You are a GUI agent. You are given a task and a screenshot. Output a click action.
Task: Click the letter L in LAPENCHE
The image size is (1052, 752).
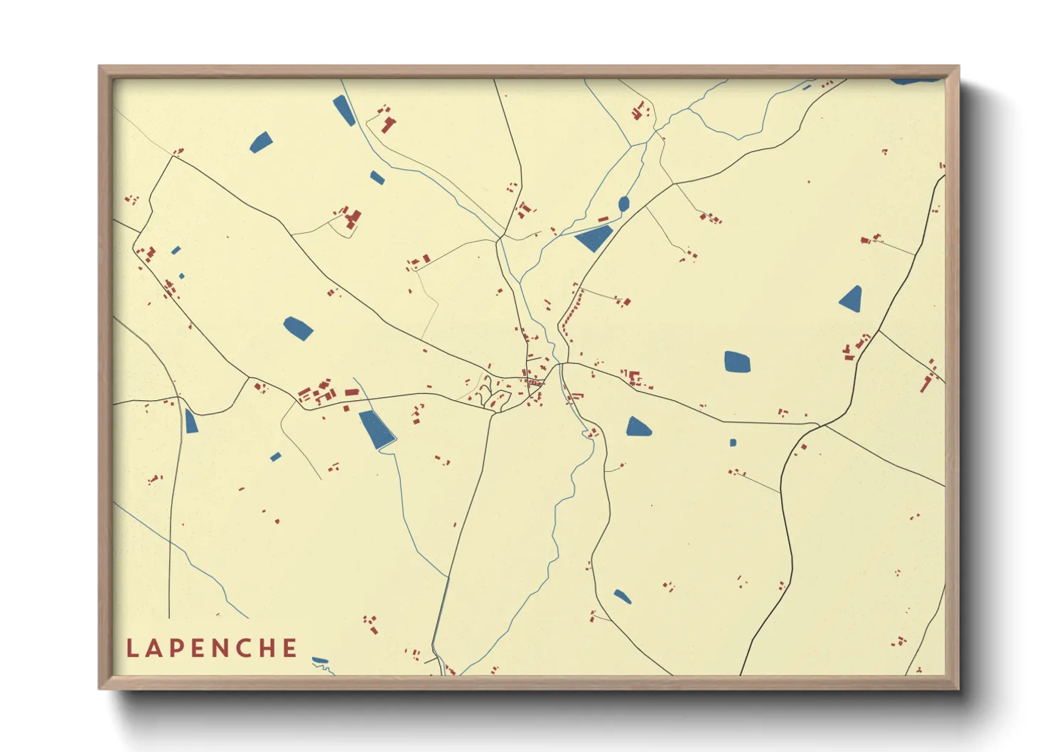pos(131,648)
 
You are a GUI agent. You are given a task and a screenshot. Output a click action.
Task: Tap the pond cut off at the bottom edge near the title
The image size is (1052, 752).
pos(321,661)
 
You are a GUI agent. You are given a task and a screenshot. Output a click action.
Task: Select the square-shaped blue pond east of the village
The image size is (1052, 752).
pos(737,362)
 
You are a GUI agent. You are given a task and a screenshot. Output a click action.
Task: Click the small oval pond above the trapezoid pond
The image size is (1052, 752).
pos(623,204)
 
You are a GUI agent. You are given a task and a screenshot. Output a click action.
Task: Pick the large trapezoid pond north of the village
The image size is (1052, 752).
pos(594,238)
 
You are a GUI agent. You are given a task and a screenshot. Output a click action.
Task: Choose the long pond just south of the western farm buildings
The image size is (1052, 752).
pos(377,429)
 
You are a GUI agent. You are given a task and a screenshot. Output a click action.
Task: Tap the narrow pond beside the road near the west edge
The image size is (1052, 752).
pos(190,421)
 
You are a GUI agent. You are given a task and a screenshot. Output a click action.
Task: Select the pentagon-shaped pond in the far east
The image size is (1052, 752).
pos(851,299)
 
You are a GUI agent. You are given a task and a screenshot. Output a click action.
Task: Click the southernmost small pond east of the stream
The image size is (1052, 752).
pos(622,596)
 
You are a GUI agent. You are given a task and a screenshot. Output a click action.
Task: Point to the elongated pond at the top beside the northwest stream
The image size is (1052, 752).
pos(344,110)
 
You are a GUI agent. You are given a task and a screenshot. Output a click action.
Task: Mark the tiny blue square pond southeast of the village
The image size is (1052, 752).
pos(733,443)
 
